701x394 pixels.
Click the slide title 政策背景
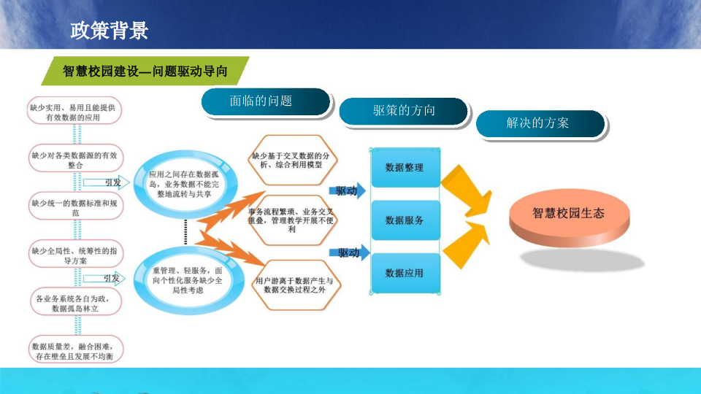coord(110,31)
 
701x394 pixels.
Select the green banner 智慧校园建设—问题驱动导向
coord(145,72)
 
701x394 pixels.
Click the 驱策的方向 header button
coord(403,111)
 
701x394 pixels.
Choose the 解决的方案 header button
coord(540,123)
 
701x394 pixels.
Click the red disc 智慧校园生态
coord(569,215)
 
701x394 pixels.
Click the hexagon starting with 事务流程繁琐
coord(291,220)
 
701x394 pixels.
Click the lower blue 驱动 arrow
coord(348,253)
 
